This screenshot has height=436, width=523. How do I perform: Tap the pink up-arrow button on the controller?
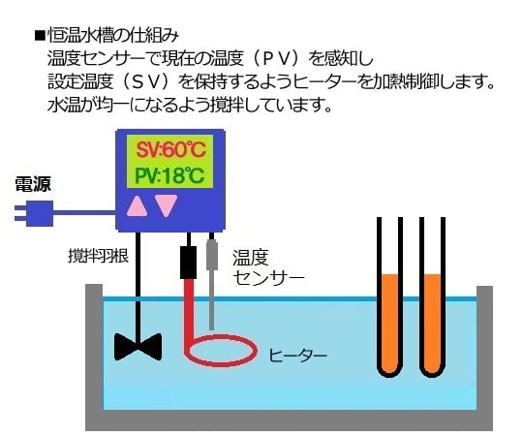tap(138, 205)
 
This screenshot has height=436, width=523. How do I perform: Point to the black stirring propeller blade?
tap(137, 346)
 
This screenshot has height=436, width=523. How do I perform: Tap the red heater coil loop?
tap(224, 349)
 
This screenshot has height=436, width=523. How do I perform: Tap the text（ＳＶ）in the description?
tap(147, 80)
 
